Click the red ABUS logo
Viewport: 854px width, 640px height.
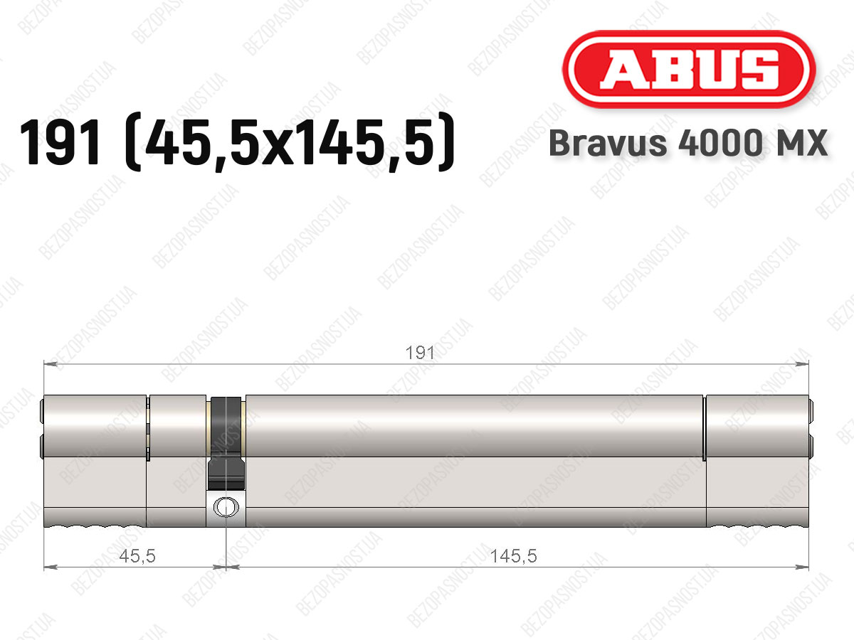pos(689,69)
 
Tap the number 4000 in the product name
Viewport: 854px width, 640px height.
pos(719,143)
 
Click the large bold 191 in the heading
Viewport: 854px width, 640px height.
pos(61,142)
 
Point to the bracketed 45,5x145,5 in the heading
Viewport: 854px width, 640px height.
pos(290,142)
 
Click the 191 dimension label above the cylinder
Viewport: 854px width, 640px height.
pos(420,353)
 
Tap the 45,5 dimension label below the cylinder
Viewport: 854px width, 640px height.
pos(137,556)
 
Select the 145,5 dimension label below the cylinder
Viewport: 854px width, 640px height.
pos(514,556)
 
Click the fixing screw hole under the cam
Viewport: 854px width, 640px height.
pos(226,507)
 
